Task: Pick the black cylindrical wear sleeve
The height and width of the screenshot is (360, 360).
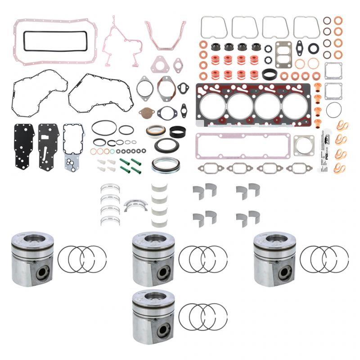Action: coord(178,131)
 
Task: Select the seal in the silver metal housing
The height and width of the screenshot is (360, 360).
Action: coord(162,165)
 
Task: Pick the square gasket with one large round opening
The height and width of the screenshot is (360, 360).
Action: coord(304,145)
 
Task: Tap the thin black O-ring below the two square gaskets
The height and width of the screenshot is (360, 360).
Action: coord(334,109)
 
